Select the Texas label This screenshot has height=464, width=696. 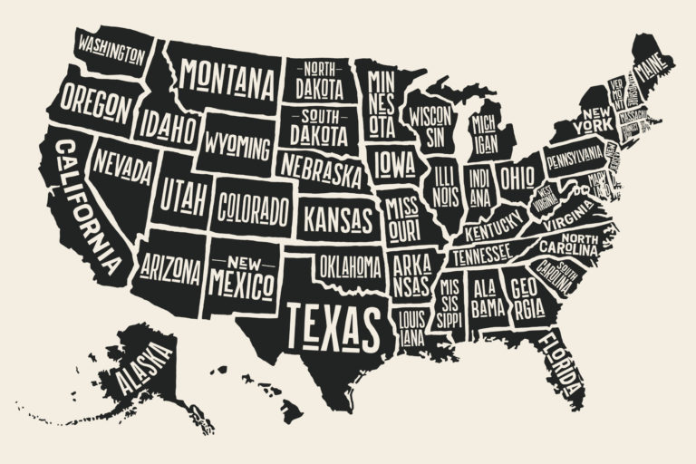click(x=333, y=320)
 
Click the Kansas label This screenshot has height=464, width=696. click(x=337, y=218)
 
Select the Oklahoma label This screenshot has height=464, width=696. click(x=349, y=266)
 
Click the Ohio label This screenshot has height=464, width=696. click(x=517, y=172)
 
